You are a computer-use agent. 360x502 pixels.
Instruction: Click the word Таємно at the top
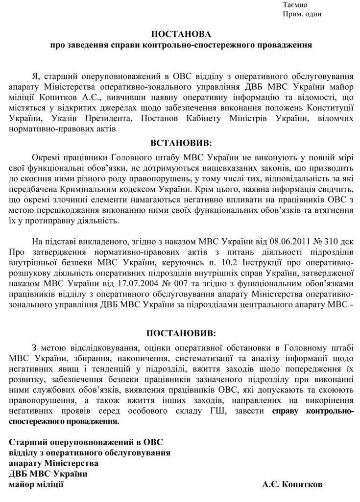(295, 4)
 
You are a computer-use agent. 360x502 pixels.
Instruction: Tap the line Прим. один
(302, 14)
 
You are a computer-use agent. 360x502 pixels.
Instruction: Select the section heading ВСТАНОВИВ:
(181, 143)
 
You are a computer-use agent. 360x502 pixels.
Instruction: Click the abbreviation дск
(345, 242)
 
